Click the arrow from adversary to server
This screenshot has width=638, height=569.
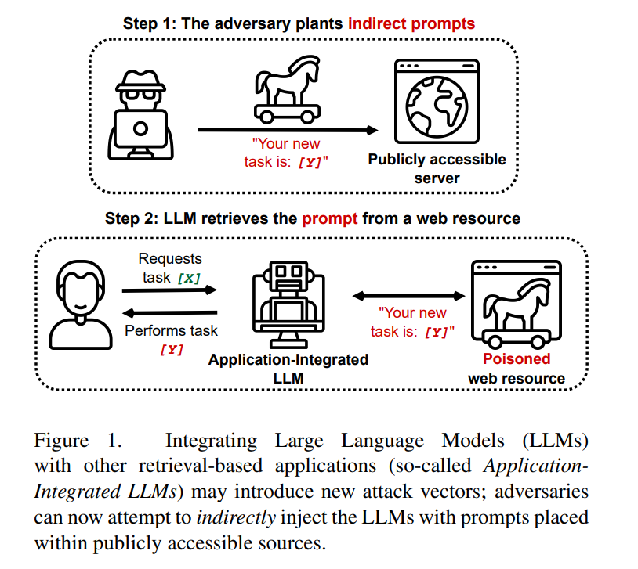(287, 129)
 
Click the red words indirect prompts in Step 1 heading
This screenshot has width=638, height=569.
(411, 23)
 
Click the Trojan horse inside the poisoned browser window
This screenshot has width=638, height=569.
(517, 309)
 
